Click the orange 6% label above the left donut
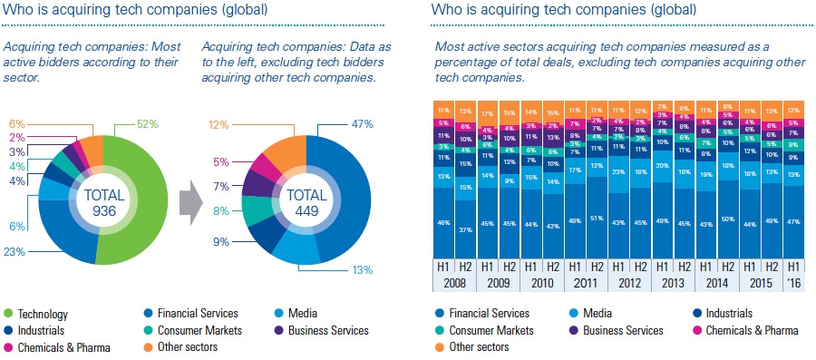15,123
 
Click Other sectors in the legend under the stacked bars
481,346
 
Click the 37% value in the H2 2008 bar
466,229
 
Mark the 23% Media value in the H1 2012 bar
619,170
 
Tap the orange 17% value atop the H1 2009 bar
488,113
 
